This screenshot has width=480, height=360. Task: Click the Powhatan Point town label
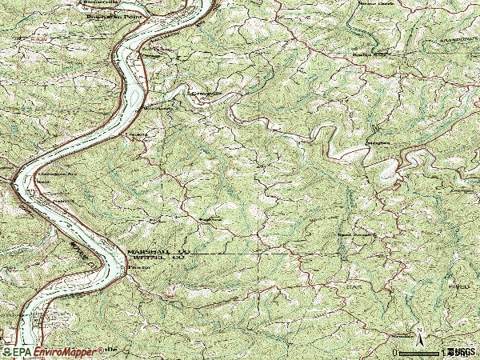(101, 14)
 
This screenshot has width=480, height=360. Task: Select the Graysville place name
(203, 93)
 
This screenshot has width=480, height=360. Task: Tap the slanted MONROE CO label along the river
(83, 254)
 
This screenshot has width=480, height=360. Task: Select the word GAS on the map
(353, 284)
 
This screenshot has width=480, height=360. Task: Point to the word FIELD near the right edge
(458, 285)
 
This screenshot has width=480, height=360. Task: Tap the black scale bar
(421, 352)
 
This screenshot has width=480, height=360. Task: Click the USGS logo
(461, 352)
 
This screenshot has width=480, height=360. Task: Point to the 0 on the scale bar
(395, 352)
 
